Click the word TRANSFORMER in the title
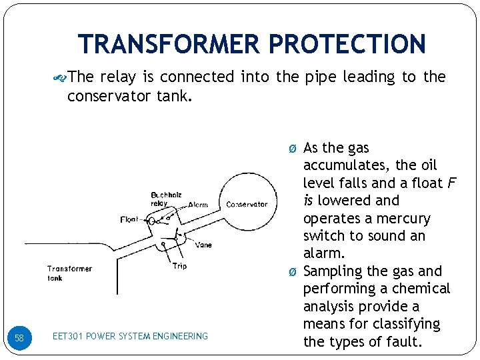[x=169, y=44]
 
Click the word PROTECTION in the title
[x=347, y=44]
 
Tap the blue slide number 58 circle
[x=19, y=338]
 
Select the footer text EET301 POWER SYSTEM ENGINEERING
[x=130, y=337]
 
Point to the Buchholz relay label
[x=165, y=197]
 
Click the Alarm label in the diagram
[x=198, y=205]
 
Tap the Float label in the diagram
[x=130, y=219]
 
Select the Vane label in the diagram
[x=204, y=245]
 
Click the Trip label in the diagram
[x=179, y=266]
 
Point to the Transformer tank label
[x=69, y=273]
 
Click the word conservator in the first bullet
[x=108, y=97]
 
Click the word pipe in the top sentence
[x=320, y=77]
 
